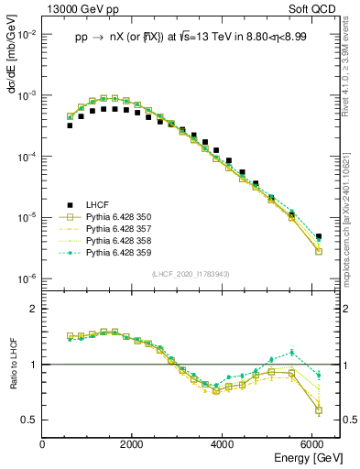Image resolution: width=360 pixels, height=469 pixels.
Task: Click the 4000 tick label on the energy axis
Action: (223, 444)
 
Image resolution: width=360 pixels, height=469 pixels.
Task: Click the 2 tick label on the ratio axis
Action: (33, 309)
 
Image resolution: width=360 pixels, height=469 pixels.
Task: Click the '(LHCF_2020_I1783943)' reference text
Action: (191, 274)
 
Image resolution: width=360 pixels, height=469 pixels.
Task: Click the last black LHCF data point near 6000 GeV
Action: (318, 236)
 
